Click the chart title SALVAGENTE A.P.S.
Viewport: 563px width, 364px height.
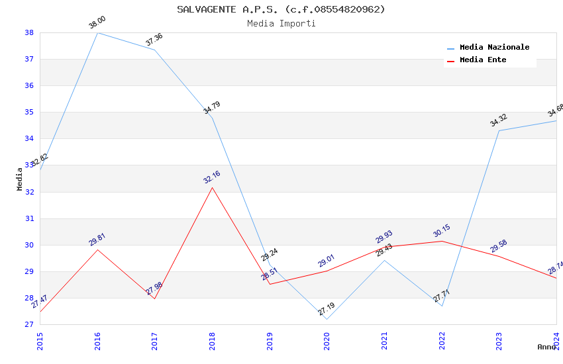(281, 9)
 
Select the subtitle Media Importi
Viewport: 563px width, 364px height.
(281, 24)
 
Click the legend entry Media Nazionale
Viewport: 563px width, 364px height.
(494, 48)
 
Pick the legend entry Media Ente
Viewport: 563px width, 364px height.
(483, 60)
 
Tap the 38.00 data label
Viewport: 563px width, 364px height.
(97, 23)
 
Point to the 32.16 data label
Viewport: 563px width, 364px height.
(212, 177)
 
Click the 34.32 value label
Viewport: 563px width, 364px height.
(499, 120)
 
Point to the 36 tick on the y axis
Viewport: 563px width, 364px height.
(29, 86)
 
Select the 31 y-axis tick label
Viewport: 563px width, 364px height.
(29, 218)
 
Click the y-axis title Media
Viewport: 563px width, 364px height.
(20, 179)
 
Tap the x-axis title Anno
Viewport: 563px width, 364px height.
(546, 347)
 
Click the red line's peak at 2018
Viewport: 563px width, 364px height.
(212, 187)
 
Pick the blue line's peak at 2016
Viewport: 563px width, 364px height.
(97, 32)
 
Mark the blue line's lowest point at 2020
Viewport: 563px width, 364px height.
(327, 319)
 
